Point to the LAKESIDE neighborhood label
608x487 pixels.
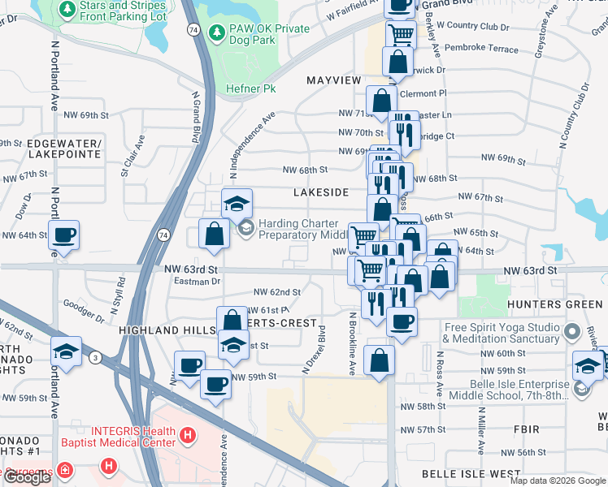pos(321,192)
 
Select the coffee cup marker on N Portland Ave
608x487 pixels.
pos(64,235)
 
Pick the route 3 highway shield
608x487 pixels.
pos(95,356)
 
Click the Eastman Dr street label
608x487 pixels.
pos(198,281)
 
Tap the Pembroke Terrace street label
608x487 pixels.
pos(480,50)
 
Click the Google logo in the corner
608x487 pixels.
pos(27,477)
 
